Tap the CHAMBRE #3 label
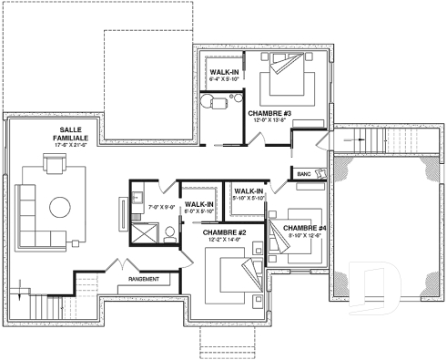pyautogui.click(x=269, y=113)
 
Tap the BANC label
pyautogui.click(x=303, y=174)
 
